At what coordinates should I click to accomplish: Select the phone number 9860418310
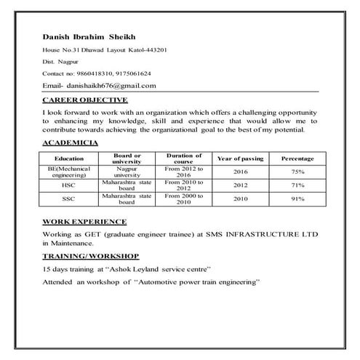pos(89,73)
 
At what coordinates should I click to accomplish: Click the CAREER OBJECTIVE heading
pos(85,100)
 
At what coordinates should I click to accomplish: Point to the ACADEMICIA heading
pos(71,144)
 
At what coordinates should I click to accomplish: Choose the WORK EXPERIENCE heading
pos(84,221)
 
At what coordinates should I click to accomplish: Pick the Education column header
pos(69,159)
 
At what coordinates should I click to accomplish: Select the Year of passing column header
pos(240,159)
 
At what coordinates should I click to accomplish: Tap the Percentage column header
pos(298,159)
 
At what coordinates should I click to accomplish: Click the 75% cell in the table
pos(298,172)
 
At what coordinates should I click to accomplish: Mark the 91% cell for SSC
pos(298,199)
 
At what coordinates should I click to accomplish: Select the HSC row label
pos(69,185)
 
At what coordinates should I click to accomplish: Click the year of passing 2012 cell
pos(240,185)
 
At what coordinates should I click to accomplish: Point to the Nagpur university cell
pos(127,172)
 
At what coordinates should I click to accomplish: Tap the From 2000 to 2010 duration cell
pos(183,199)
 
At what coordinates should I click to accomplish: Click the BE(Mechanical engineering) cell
pos(69,172)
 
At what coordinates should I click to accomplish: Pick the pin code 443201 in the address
pos(156,49)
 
